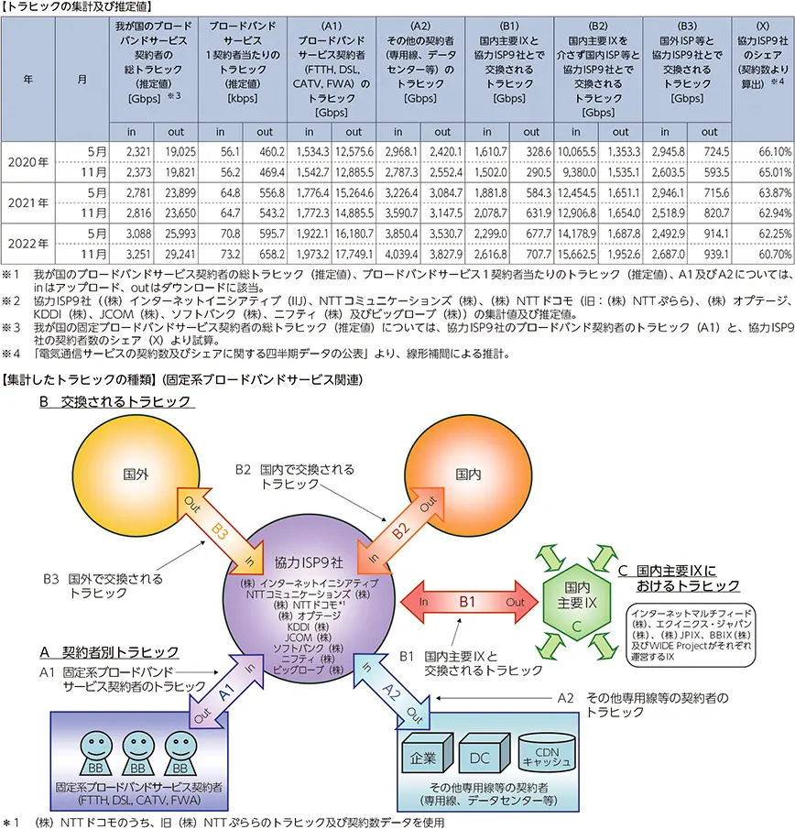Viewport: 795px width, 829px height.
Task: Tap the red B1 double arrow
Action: [467, 602]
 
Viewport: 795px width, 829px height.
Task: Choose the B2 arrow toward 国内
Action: [399, 529]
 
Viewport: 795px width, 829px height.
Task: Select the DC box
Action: [479, 758]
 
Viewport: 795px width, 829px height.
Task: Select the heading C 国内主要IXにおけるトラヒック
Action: [678, 577]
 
